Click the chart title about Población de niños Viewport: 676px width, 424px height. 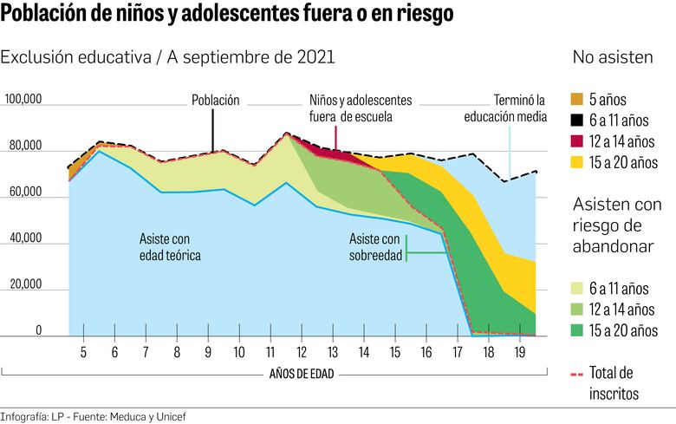227,16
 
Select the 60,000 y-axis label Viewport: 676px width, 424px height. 25,193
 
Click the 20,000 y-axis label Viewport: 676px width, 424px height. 25,284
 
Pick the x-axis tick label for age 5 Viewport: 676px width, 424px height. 83,353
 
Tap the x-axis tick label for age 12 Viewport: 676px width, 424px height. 302,353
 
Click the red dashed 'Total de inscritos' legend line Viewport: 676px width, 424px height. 580,374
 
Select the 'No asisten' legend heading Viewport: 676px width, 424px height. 613,58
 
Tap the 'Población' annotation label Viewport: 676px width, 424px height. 215,101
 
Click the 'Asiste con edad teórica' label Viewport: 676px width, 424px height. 170,246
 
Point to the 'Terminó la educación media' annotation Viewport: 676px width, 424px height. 505,108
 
